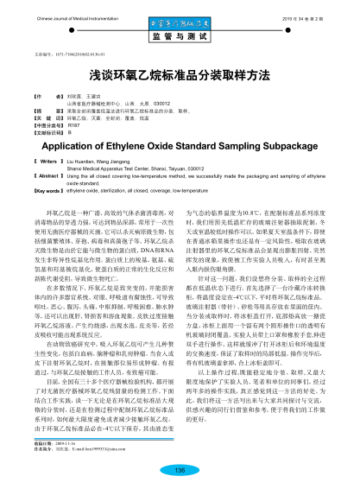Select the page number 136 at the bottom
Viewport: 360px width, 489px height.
click(180, 469)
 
